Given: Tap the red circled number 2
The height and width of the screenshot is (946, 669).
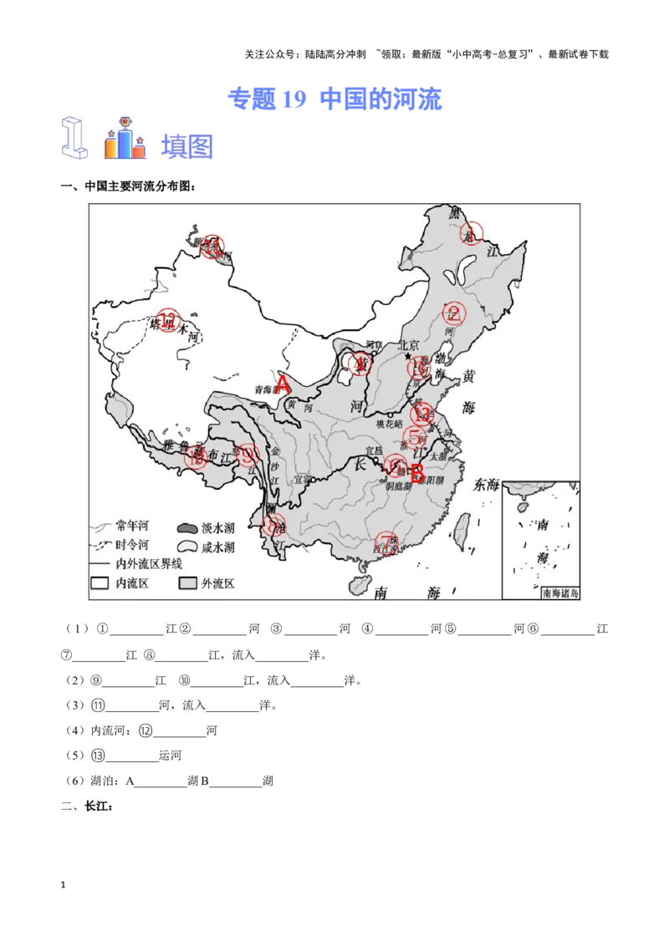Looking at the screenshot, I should pyautogui.click(x=454, y=313).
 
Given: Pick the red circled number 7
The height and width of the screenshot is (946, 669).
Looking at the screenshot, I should pyautogui.click(x=386, y=542).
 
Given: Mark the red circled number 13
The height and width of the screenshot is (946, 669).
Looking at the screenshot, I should pyautogui.click(x=423, y=412).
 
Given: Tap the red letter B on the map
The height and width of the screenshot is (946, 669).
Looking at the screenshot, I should pyautogui.click(x=417, y=475).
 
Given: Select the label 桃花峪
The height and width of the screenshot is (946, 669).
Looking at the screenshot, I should pyautogui.click(x=390, y=425).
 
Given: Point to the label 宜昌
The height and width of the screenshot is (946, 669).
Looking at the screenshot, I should pyautogui.click(x=373, y=451).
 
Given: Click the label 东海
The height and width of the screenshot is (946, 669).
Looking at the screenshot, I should pyautogui.click(x=486, y=484).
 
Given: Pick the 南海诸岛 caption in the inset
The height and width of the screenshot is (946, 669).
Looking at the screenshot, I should pyautogui.click(x=560, y=593).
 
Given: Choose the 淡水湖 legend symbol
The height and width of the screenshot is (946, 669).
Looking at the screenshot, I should pyautogui.click(x=186, y=528).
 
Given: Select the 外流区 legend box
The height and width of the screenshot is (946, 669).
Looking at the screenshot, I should pyautogui.click(x=186, y=583).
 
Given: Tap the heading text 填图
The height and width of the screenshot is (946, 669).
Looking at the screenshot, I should pyautogui.click(x=187, y=146).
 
